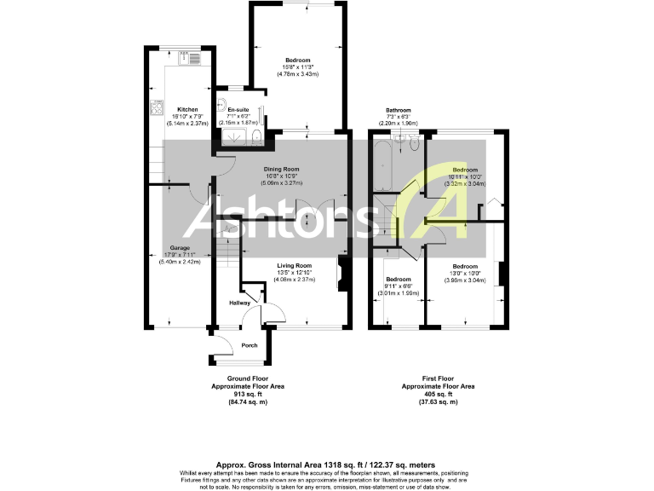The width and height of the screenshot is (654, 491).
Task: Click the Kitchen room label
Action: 187,110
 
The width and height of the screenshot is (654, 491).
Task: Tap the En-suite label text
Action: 238,110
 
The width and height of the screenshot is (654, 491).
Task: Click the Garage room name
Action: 179,248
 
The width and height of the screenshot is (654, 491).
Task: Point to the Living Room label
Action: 294,265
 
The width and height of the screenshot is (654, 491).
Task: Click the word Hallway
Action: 239,302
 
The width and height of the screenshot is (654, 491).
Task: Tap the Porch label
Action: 250,345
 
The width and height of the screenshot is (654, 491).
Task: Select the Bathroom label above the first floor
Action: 399,110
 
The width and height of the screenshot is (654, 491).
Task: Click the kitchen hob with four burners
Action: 156,107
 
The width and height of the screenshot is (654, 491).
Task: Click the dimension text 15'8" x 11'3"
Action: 297,67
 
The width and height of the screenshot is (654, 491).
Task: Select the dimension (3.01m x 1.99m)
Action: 399,294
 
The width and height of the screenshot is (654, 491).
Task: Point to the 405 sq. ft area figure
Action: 438,394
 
